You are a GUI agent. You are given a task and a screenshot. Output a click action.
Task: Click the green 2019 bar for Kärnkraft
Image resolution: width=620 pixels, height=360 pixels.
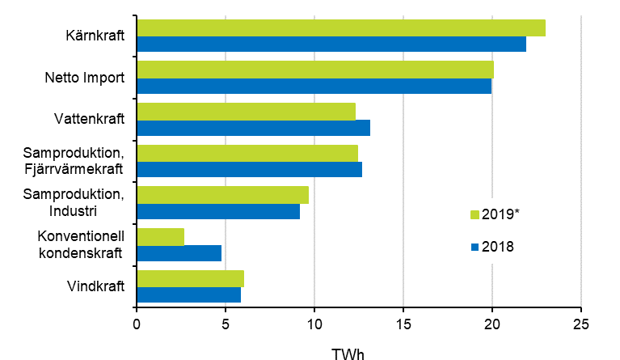pyautogui.click(x=340, y=28)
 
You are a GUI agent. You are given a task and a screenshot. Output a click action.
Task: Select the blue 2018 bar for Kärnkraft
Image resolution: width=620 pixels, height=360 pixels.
pyautogui.click(x=331, y=44)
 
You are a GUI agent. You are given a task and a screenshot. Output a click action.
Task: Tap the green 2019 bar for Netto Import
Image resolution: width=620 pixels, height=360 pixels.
pyautogui.click(x=314, y=70)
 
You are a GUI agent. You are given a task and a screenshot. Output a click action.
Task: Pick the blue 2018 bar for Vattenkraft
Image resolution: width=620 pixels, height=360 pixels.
pyautogui.click(x=253, y=127)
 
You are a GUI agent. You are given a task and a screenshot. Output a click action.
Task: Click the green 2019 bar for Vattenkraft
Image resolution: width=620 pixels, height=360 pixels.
pyautogui.click(x=246, y=112)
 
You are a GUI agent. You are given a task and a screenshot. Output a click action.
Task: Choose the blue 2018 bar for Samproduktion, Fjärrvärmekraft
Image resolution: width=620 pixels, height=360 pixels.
pyautogui.click(x=249, y=169)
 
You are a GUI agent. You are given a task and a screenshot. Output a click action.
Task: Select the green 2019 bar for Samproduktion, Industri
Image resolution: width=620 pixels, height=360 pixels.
pyautogui.click(x=222, y=195)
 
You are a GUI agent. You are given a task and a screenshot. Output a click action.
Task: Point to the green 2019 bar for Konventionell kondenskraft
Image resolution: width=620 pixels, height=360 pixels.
pyautogui.click(x=160, y=236)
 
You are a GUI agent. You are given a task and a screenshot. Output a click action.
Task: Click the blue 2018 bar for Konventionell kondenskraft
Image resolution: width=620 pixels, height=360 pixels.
pyautogui.click(x=179, y=252)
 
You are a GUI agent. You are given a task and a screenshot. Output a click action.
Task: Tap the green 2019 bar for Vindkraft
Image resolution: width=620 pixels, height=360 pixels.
pyautogui.click(x=190, y=278)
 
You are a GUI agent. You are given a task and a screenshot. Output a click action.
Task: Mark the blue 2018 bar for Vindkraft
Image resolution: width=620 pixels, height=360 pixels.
pyautogui.click(x=188, y=294)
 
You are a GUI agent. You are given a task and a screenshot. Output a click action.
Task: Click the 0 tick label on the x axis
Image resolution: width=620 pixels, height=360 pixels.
pyautogui.click(x=137, y=324)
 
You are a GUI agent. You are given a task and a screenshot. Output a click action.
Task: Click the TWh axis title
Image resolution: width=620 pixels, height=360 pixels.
pyautogui.click(x=348, y=353)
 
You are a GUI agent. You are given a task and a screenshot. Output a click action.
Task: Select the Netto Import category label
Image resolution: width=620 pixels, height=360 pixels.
pyautogui.click(x=84, y=78)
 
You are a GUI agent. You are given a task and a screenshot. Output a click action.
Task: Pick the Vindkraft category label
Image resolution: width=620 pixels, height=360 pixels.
pyautogui.click(x=96, y=286)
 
